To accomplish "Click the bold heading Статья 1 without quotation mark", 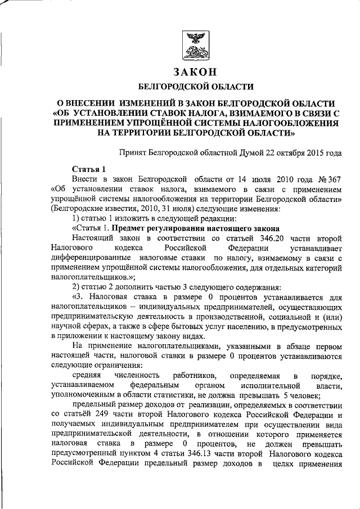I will [89, 169].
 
